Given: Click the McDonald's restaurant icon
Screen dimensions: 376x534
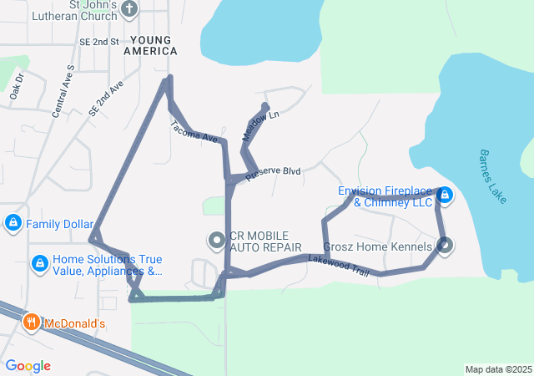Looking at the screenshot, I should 31,323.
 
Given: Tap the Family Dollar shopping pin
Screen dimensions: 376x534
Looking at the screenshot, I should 13,224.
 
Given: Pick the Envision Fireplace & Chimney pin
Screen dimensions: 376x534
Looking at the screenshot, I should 445,196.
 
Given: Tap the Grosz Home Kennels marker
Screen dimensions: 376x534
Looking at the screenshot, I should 444,246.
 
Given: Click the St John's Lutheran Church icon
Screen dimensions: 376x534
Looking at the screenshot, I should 128,9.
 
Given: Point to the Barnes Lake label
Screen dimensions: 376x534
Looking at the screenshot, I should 492,176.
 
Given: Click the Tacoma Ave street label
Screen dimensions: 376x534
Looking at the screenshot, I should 194,130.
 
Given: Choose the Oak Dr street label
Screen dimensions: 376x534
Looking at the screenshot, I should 17,88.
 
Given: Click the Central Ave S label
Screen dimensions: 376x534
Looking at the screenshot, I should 63,89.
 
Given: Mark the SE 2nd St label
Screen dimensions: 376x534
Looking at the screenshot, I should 98,41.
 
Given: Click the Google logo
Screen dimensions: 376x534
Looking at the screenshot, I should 28,366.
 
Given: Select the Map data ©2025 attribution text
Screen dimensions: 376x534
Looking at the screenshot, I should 498,369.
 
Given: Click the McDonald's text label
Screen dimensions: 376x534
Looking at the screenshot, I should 74,323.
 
